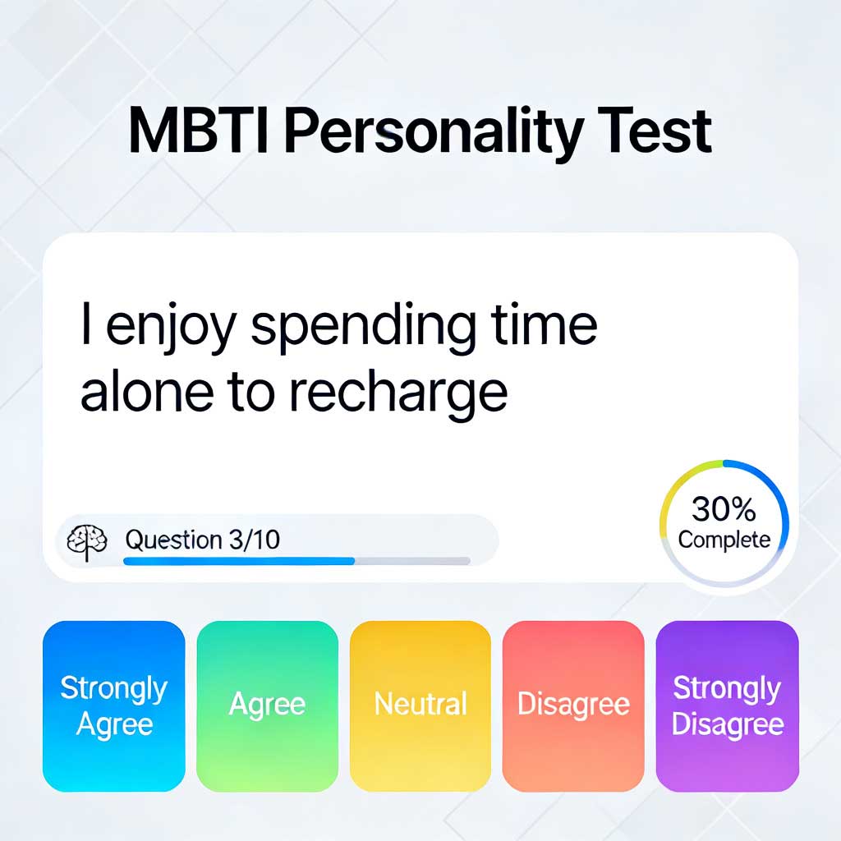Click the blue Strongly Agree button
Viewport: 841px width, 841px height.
(x=113, y=705)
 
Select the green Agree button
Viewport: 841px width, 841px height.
(x=267, y=705)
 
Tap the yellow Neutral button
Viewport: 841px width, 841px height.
(x=420, y=705)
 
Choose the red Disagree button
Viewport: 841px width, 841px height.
(x=573, y=705)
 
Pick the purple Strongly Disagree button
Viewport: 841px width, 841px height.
(x=727, y=705)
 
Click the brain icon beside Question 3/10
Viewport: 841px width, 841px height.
(x=87, y=541)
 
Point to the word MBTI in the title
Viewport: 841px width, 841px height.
(x=198, y=131)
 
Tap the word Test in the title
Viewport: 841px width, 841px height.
(x=652, y=131)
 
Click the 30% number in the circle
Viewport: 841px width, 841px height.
(x=724, y=510)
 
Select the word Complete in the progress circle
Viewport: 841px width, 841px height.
(x=724, y=540)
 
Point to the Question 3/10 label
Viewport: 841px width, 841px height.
(x=202, y=540)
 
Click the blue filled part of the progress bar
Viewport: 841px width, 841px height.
(x=238, y=561)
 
